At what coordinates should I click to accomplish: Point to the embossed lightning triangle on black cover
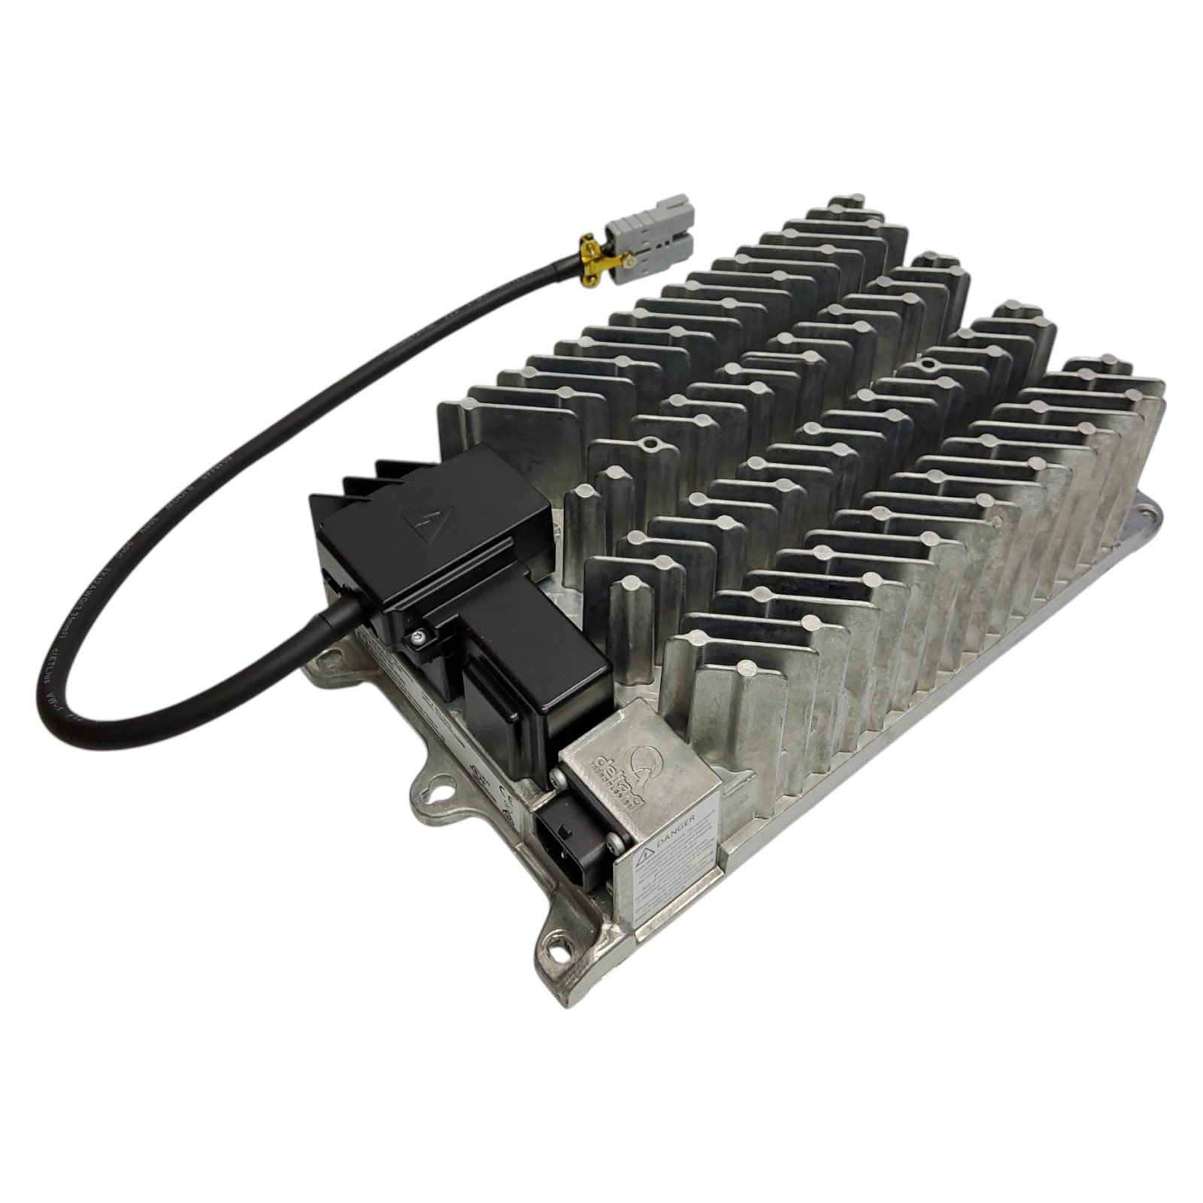pyautogui.click(x=428, y=519)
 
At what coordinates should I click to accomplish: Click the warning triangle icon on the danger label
pyautogui.click(x=645, y=856)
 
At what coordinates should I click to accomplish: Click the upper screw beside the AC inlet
pyautogui.click(x=558, y=779)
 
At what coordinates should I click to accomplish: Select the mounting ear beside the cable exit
pyautogui.click(x=325, y=665)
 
